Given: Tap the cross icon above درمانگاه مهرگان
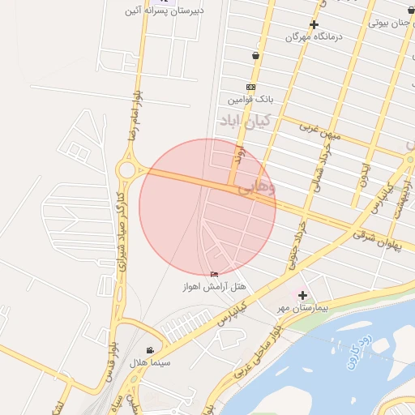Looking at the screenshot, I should tap(314, 24).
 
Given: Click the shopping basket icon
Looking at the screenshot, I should tap(256, 56).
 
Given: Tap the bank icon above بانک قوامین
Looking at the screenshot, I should tap(250, 87).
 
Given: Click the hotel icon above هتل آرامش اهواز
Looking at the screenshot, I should tap(214, 274).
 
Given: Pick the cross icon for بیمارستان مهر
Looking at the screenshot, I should tap(303, 295).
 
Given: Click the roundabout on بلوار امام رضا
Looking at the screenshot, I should tap(126, 169).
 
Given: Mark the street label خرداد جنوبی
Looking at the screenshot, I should tap(297, 244).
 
